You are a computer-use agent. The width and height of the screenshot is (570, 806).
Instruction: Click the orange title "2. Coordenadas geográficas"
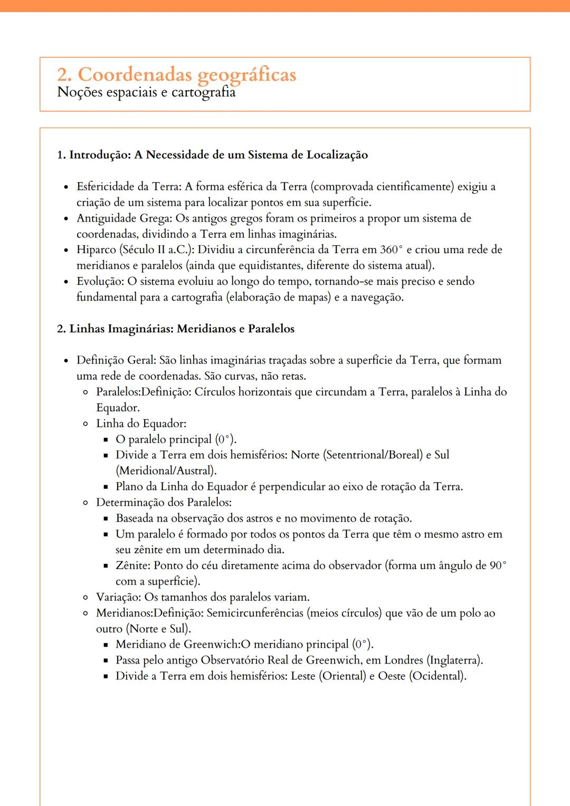(176, 75)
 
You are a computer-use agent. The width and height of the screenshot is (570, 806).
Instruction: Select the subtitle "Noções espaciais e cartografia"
(146, 92)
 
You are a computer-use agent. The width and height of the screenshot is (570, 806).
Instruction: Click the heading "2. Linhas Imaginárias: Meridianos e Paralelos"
(175, 329)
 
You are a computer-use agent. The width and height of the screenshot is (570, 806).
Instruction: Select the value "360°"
(391, 250)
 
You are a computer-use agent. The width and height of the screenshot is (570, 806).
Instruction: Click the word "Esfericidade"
(105, 186)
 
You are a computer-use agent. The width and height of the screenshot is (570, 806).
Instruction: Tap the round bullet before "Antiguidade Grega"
(66, 219)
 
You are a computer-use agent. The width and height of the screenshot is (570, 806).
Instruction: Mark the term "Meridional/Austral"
(166, 471)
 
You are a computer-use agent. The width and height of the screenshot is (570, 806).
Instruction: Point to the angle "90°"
(497, 565)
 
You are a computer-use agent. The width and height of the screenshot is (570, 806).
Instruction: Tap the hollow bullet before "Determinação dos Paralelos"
(85, 503)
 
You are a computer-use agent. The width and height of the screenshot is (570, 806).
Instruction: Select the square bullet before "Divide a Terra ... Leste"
(106, 676)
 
